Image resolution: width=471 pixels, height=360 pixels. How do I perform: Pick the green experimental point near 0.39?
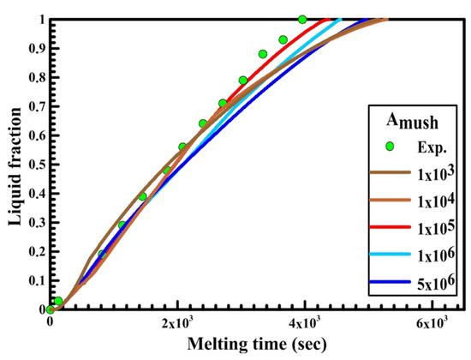pyautogui.click(x=143, y=196)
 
